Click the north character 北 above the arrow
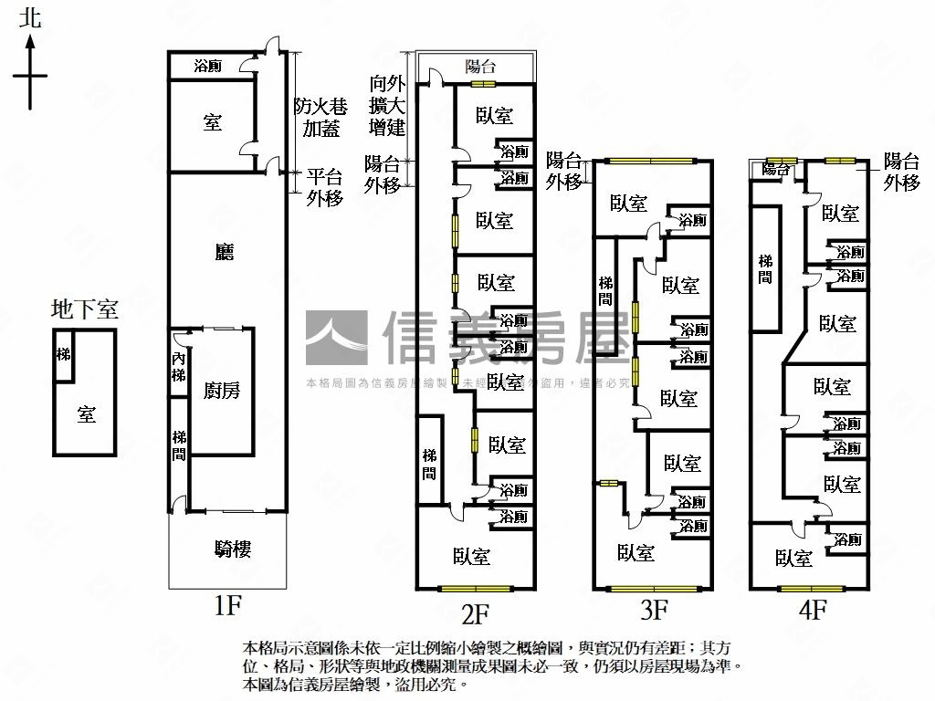tap(31, 17)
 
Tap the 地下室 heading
tap(84, 309)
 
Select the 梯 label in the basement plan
tap(63, 354)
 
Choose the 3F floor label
tap(655, 607)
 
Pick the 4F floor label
tap(812, 607)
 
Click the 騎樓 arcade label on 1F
tap(233, 549)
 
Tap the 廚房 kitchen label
tap(222, 391)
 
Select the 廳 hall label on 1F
tap(224, 252)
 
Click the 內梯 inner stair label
tap(179, 368)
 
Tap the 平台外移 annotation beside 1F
tap(324, 187)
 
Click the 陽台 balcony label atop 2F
tap(480, 66)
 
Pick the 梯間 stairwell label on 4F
tap(765, 269)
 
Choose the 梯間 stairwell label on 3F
tap(605, 291)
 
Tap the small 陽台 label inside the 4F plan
tap(776, 169)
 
